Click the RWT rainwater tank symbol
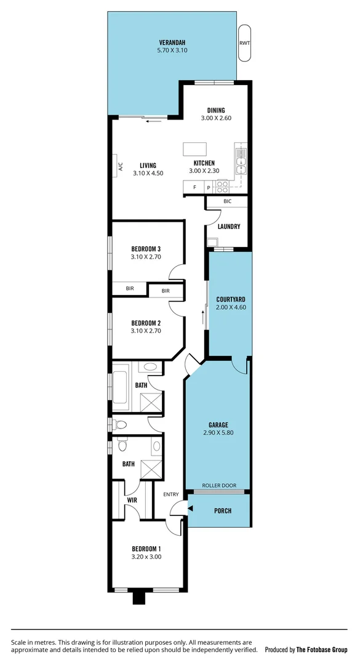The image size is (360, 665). click(244, 43)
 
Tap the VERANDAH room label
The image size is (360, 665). click(172, 43)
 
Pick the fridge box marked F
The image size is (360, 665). click(195, 187)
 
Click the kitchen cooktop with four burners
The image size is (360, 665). click(222, 186)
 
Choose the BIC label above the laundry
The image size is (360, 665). click(228, 201)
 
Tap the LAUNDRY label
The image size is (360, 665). click(228, 227)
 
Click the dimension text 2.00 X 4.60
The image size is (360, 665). click(231, 307)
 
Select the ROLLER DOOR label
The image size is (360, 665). click(219, 485)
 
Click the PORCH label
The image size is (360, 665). click(223, 510)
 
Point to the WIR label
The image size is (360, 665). click(132, 500)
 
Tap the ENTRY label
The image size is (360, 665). click(171, 494)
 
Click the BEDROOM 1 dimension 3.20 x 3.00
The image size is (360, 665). click(146, 557)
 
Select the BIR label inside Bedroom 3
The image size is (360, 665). click(130, 288)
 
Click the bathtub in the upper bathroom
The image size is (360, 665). click(121, 386)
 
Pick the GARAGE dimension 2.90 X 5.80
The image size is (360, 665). click(218, 432)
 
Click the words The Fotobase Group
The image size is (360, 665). click(322, 650)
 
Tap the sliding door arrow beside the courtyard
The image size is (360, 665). click(203, 317)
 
